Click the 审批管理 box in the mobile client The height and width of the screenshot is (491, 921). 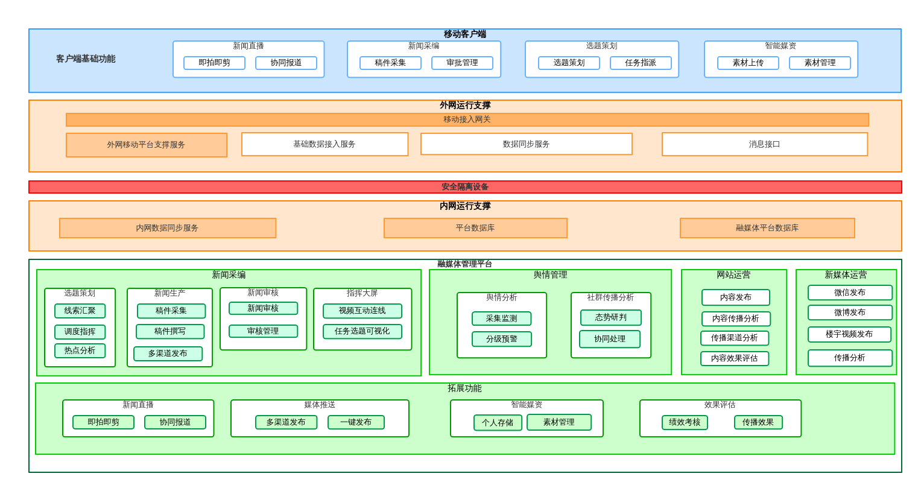tap(462, 63)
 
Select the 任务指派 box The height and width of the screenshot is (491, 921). tap(641, 63)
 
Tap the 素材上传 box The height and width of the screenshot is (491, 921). tap(748, 63)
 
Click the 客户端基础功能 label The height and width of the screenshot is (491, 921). tap(86, 59)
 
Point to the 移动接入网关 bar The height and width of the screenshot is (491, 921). tap(467, 119)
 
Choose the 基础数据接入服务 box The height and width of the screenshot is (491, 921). tap(324, 144)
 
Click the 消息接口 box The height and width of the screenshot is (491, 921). tap(764, 144)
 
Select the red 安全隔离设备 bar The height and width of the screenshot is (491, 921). tap(465, 187)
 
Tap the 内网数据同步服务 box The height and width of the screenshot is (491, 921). tap(167, 228)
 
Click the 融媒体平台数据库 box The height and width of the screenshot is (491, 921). tap(767, 228)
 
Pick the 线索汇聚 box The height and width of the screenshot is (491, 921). tap(80, 311)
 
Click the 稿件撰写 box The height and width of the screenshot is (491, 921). tap(170, 331)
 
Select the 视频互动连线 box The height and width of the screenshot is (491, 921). tap(362, 311)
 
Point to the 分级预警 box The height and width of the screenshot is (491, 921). tap(501, 339)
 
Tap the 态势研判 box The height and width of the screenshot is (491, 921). tap(610, 317)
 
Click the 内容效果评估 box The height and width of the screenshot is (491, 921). tap(734, 358)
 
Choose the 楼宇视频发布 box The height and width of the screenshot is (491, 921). tap(849, 334)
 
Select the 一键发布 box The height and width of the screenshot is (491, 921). tap(356, 422)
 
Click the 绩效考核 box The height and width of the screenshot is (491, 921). tap(685, 422)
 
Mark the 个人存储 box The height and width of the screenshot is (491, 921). tap(498, 423)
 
